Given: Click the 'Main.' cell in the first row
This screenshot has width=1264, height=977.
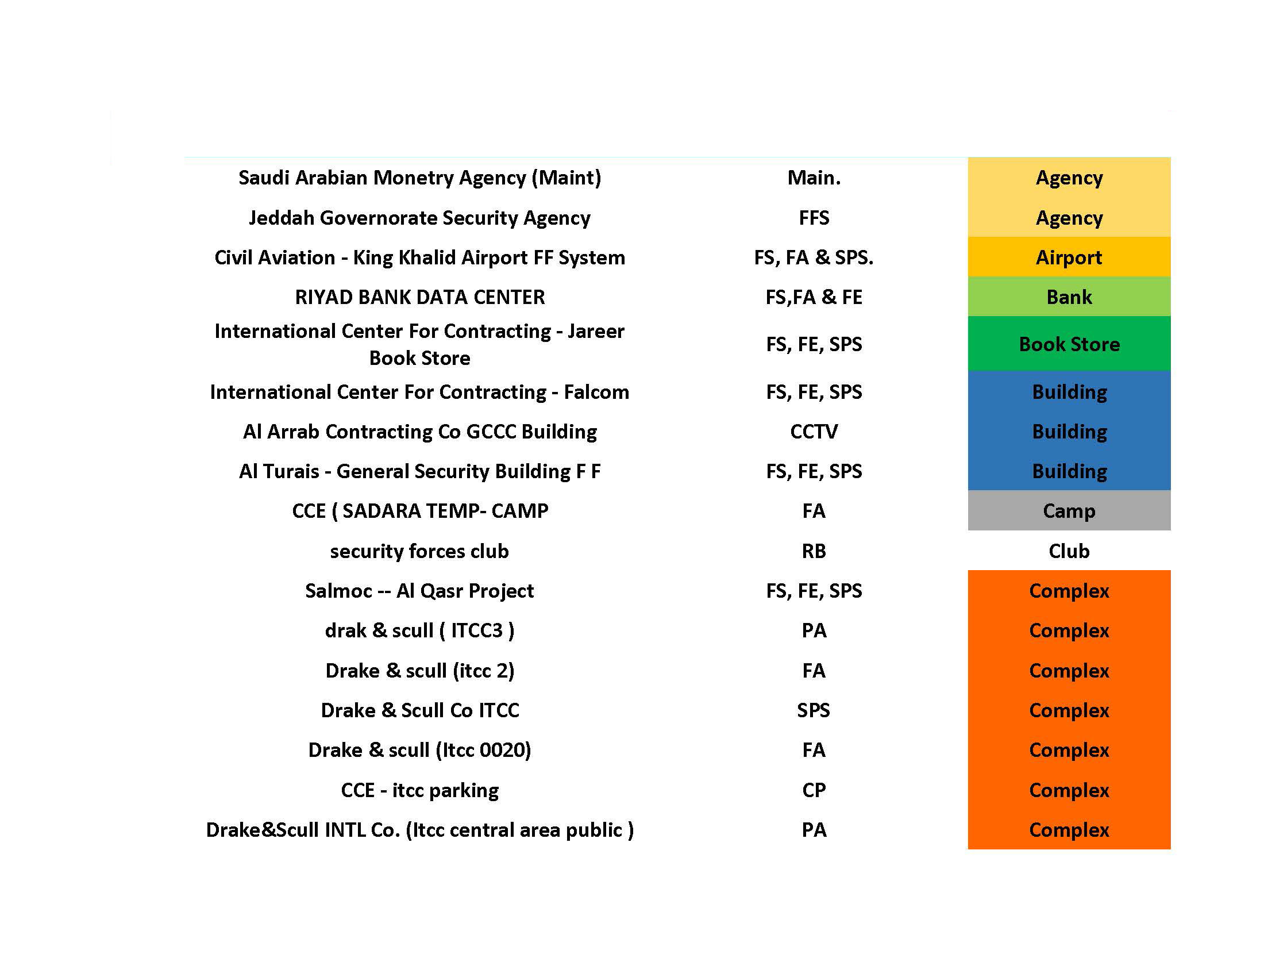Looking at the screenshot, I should click(x=814, y=178).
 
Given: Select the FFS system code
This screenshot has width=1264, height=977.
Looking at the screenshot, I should click(x=814, y=218).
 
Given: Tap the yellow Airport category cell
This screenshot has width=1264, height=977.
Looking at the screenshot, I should click(x=1069, y=257).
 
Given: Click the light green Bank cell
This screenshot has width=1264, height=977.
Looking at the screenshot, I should click(x=1069, y=297).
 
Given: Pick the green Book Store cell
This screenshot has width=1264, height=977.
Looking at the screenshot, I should click(x=1069, y=344).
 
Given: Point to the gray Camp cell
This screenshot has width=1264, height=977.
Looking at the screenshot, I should click(x=1069, y=510).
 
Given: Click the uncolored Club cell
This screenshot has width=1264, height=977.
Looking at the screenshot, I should click(x=1069, y=551).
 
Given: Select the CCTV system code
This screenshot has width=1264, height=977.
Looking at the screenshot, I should click(x=814, y=431).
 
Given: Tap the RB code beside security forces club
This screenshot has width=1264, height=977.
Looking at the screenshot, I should click(x=814, y=551).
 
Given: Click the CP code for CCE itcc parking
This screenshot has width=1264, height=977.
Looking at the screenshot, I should click(x=814, y=790).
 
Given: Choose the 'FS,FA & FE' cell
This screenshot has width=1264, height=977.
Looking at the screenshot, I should click(x=814, y=297).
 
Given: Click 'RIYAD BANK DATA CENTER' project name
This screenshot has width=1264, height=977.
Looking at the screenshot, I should click(x=419, y=297).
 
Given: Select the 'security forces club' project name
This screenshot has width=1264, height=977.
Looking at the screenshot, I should click(x=419, y=551).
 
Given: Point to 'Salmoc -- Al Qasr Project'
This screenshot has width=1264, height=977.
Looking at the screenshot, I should click(x=419, y=590).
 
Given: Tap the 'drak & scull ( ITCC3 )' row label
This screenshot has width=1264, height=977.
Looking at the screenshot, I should click(x=419, y=630).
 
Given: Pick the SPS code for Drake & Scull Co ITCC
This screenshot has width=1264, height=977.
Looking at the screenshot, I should click(x=814, y=710).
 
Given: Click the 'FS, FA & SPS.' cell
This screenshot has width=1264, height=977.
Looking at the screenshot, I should click(x=814, y=257).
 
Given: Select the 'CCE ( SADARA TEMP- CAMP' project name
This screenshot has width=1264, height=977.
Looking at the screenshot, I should click(x=419, y=510).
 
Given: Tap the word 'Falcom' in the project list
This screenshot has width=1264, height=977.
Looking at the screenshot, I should click(x=596, y=392).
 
